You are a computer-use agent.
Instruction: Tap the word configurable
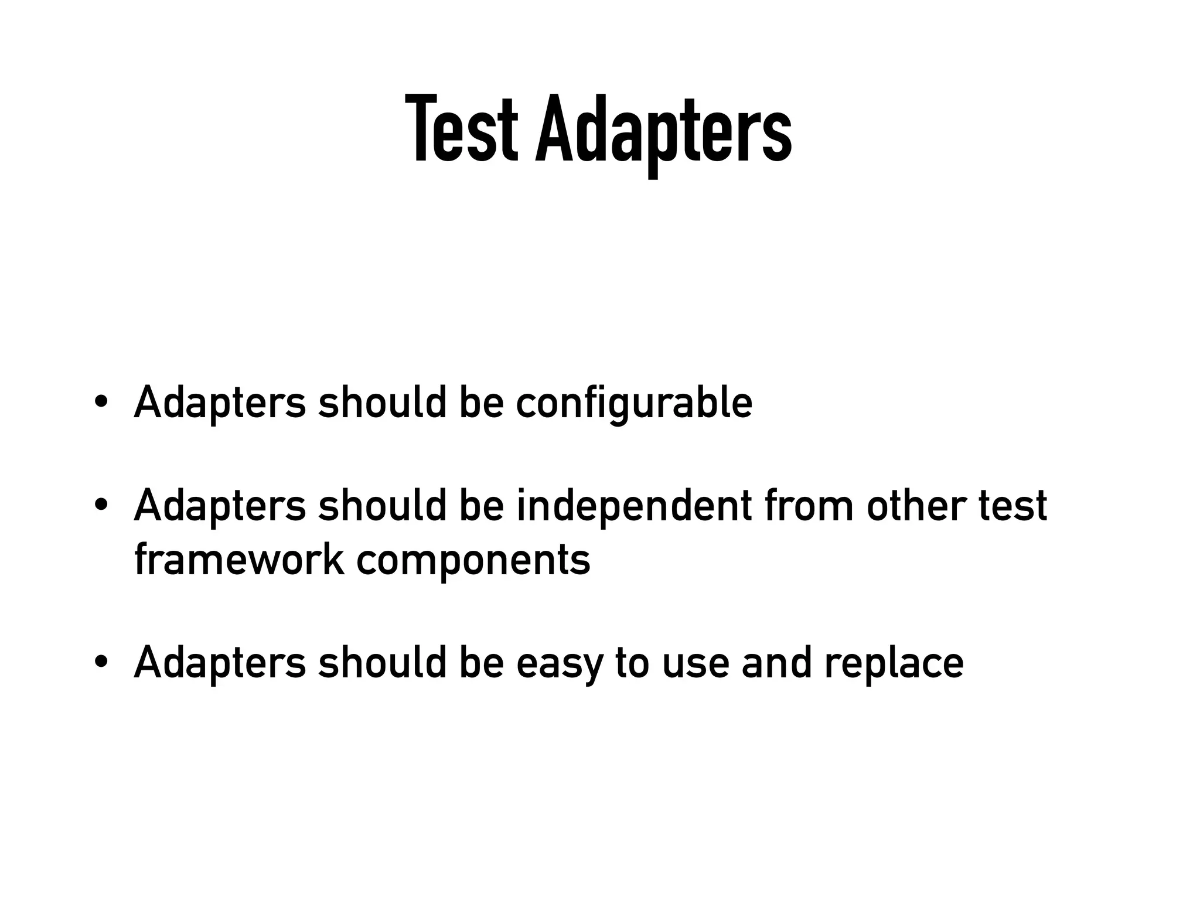pos(634,403)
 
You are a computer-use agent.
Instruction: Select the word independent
pos(634,506)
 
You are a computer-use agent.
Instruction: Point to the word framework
pos(238,560)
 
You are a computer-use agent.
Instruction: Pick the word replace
pos(894,664)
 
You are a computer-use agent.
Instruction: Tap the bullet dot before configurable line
pos(101,403)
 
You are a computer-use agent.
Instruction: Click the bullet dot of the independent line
pos(101,505)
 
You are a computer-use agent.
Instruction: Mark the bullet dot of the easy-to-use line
pos(101,662)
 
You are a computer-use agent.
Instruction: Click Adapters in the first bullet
pos(220,403)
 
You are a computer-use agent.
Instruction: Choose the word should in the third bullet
pos(382,663)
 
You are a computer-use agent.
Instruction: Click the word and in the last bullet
pos(776,663)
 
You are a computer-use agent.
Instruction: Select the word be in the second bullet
pos(481,506)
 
